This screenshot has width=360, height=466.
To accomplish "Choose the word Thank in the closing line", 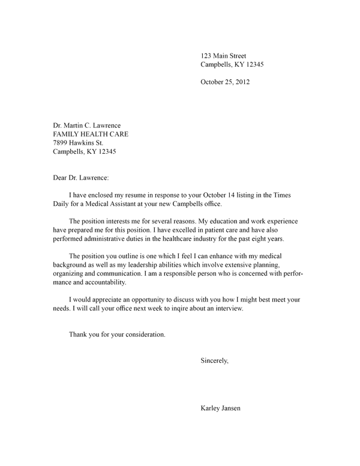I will point(79,334).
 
